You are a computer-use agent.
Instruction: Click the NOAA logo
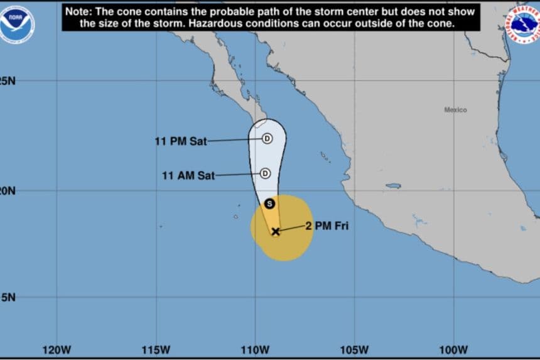point(17,24)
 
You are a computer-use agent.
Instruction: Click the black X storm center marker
point(275,231)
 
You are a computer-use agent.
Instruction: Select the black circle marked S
point(269,203)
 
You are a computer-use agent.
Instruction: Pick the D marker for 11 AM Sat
point(265,173)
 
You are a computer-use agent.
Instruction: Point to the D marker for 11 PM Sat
point(267,138)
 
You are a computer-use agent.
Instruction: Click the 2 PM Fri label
point(327,226)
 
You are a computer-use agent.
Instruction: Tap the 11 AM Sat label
point(188,176)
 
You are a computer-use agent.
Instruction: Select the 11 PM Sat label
point(181,141)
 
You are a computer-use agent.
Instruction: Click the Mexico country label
point(456,110)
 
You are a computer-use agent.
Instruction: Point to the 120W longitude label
point(56,349)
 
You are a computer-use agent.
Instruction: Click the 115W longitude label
point(156,349)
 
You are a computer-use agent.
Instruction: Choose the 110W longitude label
point(255,349)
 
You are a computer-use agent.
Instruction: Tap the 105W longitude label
point(354,349)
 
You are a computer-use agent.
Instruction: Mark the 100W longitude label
point(453,349)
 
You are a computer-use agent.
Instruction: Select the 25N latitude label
point(8,81)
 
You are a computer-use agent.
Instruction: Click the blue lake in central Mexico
point(393,186)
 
